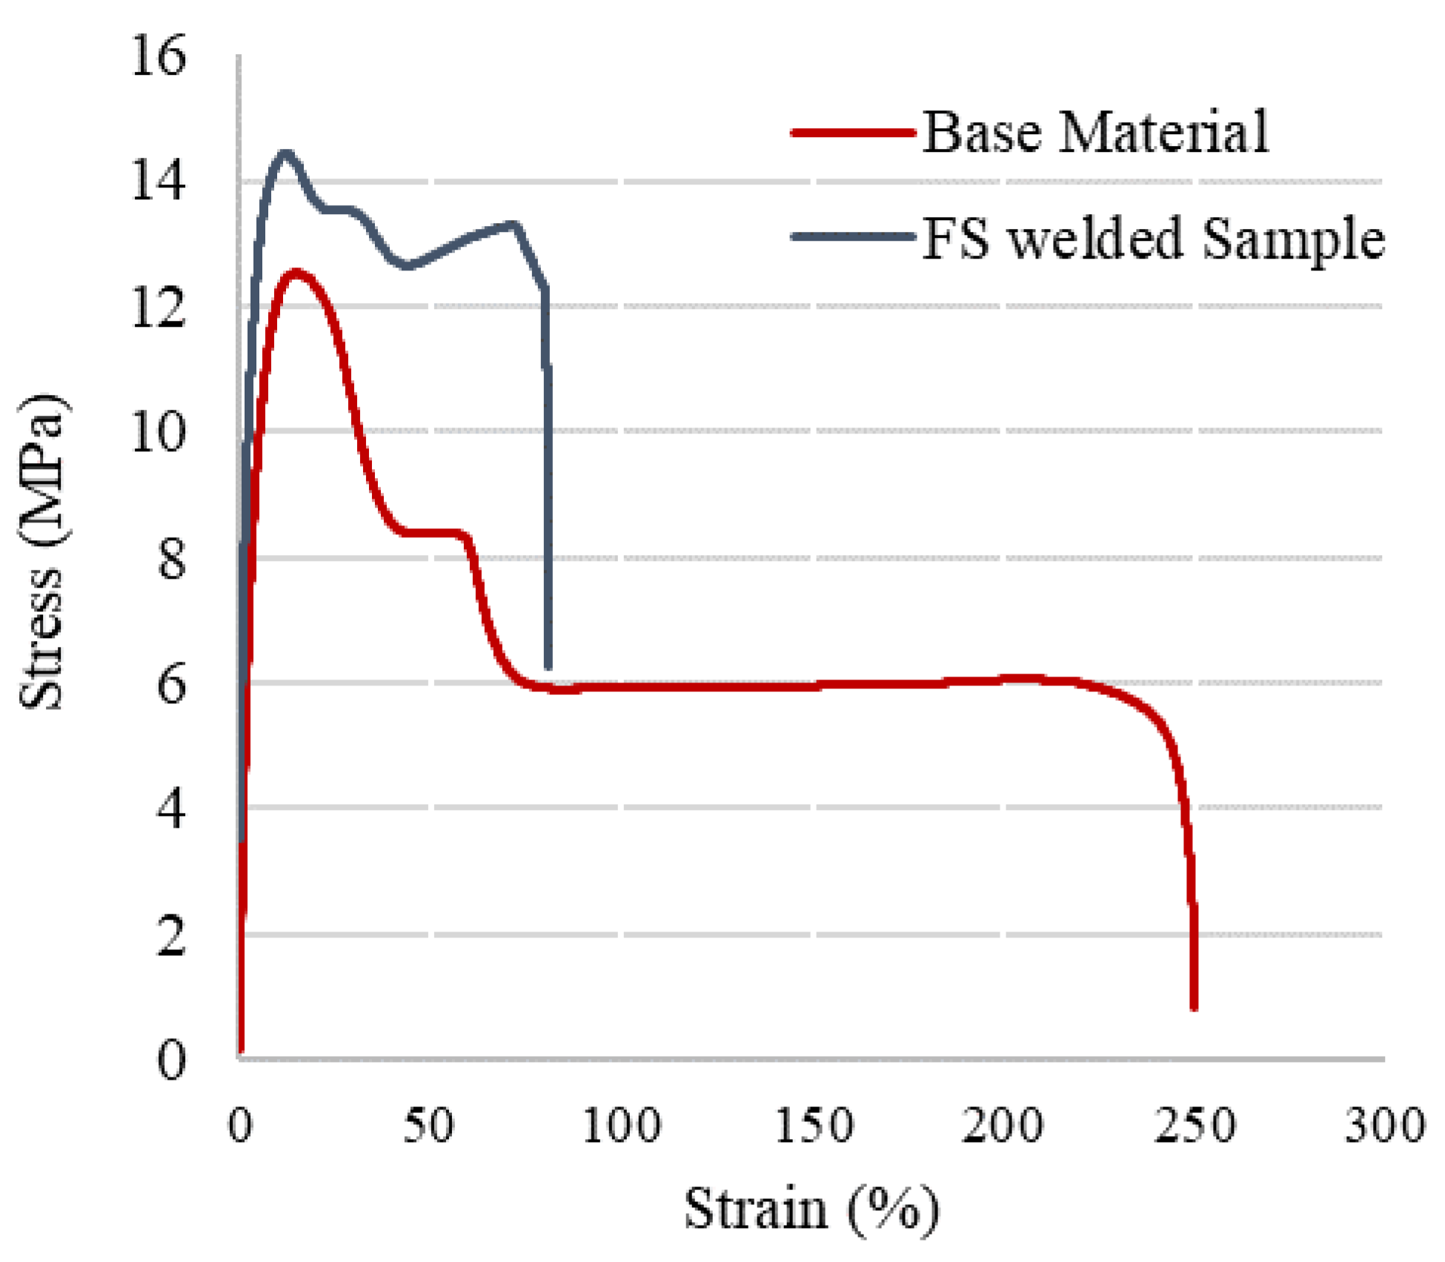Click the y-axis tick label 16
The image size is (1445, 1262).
[158, 56]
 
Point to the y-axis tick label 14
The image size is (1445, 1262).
[158, 181]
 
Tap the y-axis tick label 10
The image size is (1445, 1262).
[158, 431]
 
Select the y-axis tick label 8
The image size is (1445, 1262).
[171, 559]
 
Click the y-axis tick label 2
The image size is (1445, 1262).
[171, 935]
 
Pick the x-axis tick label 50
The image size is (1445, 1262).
[428, 1126]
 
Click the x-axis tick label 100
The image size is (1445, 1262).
[621, 1126]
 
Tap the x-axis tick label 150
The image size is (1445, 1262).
[814, 1126]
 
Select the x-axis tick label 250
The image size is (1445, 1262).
[1195, 1126]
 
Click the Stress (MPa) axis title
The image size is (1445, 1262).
[43, 552]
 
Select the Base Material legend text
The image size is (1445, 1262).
[1095, 132]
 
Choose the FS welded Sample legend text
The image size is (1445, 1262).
[1153, 239]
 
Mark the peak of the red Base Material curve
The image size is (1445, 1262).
[296, 272]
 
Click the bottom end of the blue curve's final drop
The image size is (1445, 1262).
[548, 667]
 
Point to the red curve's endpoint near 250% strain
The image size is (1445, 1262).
[1194, 1006]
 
